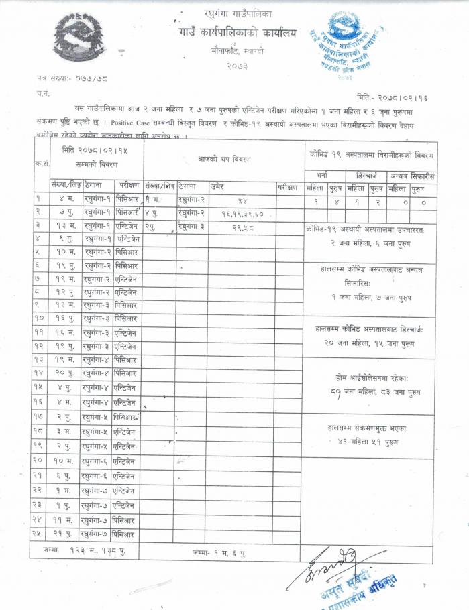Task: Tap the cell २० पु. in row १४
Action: [64, 373]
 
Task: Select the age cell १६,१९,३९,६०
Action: [241, 213]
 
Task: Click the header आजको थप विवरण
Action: [223, 159]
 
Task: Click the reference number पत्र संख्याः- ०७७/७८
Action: [66, 79]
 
